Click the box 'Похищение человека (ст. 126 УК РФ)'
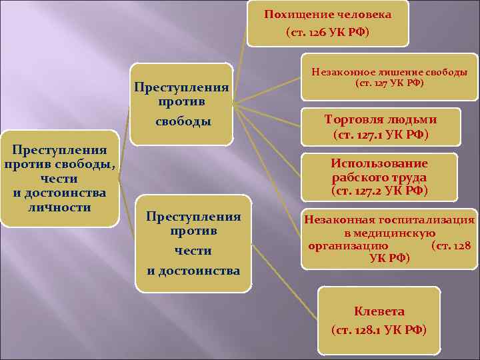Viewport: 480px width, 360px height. pyautogui.click(x=327, y=23)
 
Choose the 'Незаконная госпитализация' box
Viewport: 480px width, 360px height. pyautogui.click(x=389, y=238)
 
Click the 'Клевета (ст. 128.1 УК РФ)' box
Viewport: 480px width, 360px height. pyautogui.click(x=379, y=321)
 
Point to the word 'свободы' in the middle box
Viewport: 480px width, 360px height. pyautogui.click(x=182, y=122)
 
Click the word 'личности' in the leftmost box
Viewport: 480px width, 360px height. pyautogui.click(x=60, y=207)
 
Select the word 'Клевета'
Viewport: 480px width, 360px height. pyautogui.click(x=379, y=311)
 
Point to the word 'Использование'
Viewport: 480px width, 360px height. pyautogui.click(x=379, y=164)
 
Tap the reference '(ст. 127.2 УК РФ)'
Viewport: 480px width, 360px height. pyautogui.click(x=379, y=191)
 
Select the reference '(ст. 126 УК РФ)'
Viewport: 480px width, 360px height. pyautogui.click(x=327, y=32)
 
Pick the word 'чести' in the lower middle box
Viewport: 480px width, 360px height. pyautogui.click(x=193, y=251)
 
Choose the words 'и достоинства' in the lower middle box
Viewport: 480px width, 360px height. pyautogui.click(x=193, y=271)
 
